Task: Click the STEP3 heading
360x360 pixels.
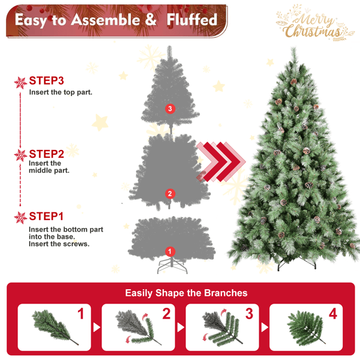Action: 46,80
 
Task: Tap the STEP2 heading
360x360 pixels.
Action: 46,154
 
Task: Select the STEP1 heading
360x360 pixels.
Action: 46,216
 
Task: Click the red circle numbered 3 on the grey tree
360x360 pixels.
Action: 170,109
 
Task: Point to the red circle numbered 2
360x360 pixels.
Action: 170,194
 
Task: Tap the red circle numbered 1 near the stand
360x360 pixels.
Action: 170,251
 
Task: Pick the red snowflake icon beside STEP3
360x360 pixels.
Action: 20,83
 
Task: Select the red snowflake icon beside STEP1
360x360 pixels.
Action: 20,218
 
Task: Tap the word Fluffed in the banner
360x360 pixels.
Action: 192,20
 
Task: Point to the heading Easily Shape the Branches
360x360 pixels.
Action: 186,293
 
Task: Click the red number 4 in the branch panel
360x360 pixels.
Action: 333,314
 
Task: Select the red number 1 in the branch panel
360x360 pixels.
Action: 81,314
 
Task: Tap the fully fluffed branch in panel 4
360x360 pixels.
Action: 305,328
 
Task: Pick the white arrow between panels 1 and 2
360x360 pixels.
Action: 97,328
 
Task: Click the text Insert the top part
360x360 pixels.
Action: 61,92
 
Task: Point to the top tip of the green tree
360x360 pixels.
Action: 293,48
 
